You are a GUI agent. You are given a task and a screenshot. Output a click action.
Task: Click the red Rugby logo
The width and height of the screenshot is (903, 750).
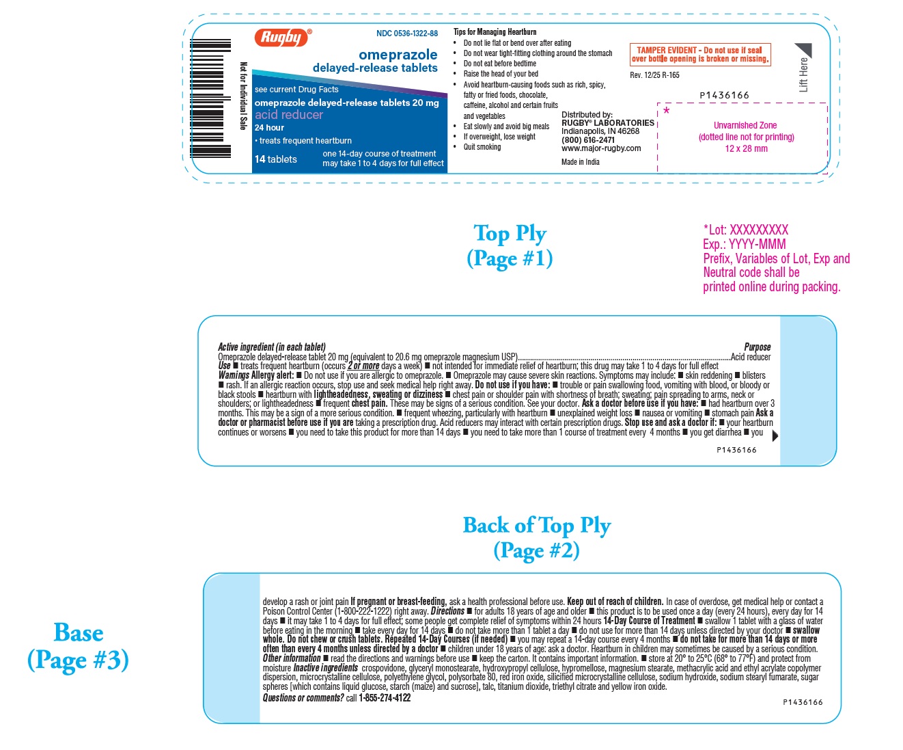pyautogui.click(x=282, y=38)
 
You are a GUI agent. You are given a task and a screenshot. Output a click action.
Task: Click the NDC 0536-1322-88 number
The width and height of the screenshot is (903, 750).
pyautogui.click(x=407, y=34)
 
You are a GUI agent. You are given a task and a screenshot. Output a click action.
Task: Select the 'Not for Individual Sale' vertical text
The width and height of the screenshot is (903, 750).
pyautogui.click(x=243, y=96)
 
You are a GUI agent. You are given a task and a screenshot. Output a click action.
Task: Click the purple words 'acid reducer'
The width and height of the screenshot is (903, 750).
pyautogui.click(x=288, y=115)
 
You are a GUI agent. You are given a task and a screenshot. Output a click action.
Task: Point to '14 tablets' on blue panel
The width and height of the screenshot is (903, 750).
pyautogui.click(x=276, y=159)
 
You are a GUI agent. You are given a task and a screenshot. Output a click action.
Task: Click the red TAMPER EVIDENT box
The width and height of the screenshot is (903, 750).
pyautogui.click(x=699, y=55)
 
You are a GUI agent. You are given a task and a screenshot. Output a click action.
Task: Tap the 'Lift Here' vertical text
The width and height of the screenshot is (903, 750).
pyautogui.click(x=804, y=75)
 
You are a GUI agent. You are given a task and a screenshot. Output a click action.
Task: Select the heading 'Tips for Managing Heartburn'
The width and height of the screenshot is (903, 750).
pyautogui.click(x=495, y=32)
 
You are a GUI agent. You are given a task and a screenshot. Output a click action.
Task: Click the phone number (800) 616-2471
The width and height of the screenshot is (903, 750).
pyautogui.click(x=587, y=139)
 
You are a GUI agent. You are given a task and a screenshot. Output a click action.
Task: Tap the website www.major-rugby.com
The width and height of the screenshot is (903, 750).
pyautogui.click(x=601, y=148)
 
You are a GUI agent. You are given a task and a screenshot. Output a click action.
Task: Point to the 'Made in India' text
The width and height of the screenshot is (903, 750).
pyautogui.click(x=581, y=162)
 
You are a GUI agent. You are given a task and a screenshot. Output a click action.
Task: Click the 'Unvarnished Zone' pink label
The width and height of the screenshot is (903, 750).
pyautogui.click(x=745, y=126)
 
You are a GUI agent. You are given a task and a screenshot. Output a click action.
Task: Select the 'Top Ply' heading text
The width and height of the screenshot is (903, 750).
pyautogui.click(x=510, y=233)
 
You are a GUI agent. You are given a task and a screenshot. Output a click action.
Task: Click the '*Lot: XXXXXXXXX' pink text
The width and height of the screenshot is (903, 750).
pyautogui.click(x=745, y=230)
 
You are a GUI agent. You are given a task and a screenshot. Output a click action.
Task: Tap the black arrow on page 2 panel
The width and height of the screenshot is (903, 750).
pyautogui.click(x=775, y=436)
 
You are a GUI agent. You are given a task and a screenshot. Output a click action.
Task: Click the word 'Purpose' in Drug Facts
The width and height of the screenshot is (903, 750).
pyautogui.click(x=757, y=347)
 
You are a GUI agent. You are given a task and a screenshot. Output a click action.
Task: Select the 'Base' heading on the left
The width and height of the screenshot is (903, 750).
pyautogui.click(x=79, y=633)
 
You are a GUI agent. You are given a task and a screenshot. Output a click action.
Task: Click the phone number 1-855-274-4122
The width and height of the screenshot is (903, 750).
pyautogui.click(x=385, y=698)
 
